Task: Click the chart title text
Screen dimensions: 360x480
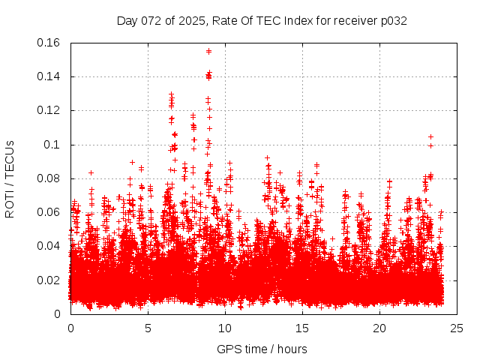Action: [262, 20]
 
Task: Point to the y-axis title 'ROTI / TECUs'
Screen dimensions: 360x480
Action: [10, 178]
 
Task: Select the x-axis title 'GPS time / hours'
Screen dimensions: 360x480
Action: [262, 349]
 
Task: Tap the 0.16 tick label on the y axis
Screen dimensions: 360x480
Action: [49, 43]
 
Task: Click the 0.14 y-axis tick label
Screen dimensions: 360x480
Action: [49, 76]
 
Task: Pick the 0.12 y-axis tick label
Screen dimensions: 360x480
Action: [49, 110]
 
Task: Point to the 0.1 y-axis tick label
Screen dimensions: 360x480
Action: [54, 145]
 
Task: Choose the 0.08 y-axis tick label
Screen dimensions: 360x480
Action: [49, 178]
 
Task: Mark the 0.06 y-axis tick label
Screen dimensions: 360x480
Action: [49, 212]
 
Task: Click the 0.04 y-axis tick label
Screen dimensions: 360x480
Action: [49, 246]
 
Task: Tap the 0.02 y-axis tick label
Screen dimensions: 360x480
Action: [49, 280]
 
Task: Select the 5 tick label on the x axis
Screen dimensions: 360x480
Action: [148, 328]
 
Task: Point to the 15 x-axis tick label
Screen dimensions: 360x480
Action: [302, 328]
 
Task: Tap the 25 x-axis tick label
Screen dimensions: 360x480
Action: [457, 328]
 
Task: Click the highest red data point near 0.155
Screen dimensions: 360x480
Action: [208, 51]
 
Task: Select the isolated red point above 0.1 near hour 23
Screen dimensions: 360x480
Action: [430, 137]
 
